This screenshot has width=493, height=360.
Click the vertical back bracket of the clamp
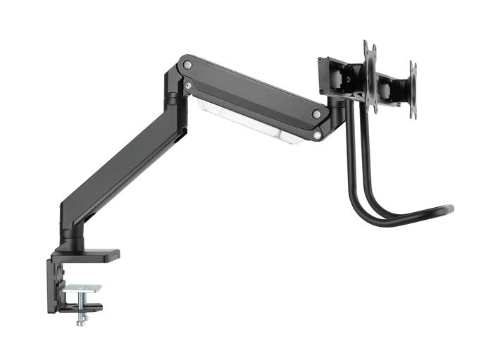coord(52,285)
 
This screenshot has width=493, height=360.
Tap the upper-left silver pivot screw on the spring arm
coord(187,65)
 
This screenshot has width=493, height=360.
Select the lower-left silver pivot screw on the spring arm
coord(187,85)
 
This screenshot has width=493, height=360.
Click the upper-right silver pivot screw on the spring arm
coord(317,113)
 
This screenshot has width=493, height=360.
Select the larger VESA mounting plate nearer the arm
coord(370,77)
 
